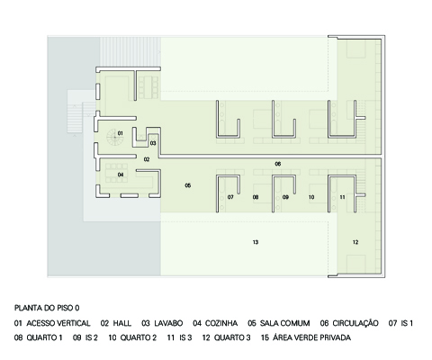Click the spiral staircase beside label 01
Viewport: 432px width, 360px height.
pos(114,138)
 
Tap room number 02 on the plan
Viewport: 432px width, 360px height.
pos(147,159)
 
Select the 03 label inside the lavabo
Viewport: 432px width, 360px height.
pos(153,143)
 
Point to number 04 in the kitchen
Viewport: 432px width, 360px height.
pos(121,175)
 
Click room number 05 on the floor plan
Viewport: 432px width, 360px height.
pos(188,185)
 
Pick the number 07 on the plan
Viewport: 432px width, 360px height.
pos(230,197)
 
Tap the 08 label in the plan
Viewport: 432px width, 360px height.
pos(256,197)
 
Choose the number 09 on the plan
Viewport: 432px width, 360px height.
pos(285,197)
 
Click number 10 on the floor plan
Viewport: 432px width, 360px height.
pos(311,197)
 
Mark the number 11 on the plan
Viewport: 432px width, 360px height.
pos(342,197)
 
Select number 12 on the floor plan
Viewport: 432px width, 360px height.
pos(355,242)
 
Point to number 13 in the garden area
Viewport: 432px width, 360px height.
pos(256,242)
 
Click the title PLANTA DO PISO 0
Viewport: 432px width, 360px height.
pos(47,308)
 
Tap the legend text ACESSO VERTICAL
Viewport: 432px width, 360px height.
pos(58,323)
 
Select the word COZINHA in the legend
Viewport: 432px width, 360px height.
pos(221,323)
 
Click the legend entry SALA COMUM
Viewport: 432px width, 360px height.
pos(284,323)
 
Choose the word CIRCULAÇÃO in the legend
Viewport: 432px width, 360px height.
pos(355,323)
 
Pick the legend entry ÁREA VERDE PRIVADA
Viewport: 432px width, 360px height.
pos(312,337)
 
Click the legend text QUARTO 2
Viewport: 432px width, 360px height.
pos(139,337)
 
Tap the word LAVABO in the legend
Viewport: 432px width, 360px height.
pos(168,323)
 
